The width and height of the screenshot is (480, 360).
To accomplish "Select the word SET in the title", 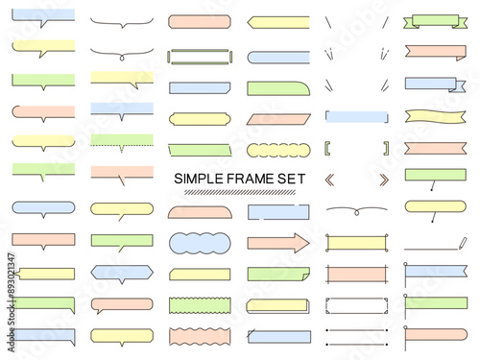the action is pos(291,179).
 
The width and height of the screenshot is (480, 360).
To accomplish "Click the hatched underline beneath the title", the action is pos(240,192).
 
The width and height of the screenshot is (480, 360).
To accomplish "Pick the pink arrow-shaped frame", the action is pos(278,243).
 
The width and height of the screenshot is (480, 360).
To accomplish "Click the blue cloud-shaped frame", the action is pos(200,243).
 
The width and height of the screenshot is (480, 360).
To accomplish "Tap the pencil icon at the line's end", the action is pos(463,243).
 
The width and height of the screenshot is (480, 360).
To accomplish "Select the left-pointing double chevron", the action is pos(329,180).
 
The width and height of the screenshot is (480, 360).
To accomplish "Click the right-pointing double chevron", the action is pos(384,180).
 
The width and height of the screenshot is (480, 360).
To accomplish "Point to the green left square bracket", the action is pos(327,149).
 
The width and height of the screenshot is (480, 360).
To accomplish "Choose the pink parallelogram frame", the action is pos(278,119).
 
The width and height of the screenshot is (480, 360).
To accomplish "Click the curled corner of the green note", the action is pos(305,276).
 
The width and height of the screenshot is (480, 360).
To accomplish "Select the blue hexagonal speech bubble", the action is pos(122,273).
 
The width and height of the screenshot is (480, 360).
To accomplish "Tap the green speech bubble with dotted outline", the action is pos(122,141).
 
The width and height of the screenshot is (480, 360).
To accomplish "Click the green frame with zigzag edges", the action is pos(200,305).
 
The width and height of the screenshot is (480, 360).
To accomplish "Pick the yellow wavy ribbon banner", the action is pos(435,116).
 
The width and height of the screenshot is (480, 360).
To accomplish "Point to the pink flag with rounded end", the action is pos(437,334).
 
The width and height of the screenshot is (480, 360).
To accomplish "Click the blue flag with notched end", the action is pos(437,271).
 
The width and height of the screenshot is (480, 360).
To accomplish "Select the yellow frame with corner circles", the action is pos(356,243).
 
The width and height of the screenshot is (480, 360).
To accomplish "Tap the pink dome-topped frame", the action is pos(200,212).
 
